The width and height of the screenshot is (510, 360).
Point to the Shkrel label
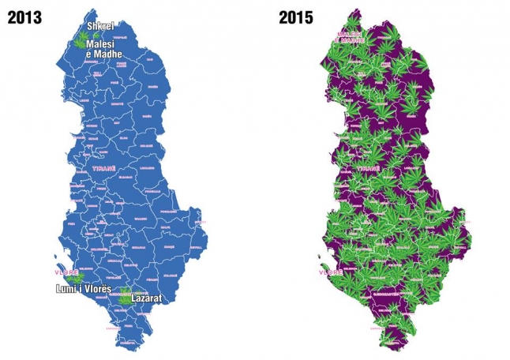tap(101, 27)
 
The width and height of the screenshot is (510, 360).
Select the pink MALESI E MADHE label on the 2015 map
tap(350, 38)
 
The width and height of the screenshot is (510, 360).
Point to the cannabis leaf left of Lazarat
tap(123, 299)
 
